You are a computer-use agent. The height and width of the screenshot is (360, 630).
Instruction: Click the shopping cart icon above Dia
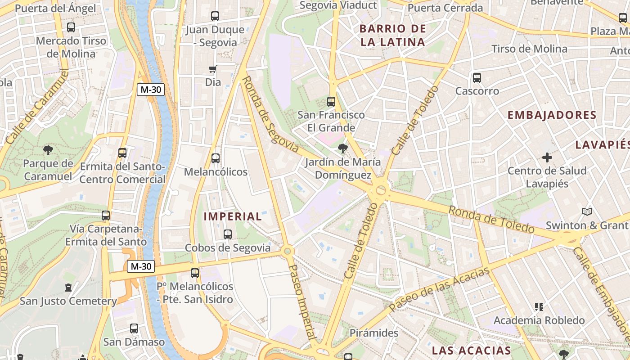pos(213,69)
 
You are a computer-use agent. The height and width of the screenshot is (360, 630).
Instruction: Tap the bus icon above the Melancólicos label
pos(216,158)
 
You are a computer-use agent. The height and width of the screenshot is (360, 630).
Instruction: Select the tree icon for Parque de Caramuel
pos(48,150)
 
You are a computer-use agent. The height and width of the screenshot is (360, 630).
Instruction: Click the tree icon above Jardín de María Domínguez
pos(343,148)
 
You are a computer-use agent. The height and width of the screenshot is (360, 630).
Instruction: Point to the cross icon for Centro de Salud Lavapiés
pos(547,157)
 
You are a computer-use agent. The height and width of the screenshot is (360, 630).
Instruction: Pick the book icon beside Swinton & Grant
pos(587,211)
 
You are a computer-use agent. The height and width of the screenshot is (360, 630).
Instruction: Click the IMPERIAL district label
pos(233,216)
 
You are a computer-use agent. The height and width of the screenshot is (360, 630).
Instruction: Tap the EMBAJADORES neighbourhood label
pos(552,115)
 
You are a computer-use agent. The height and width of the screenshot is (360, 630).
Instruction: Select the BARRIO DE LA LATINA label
pos(393,36)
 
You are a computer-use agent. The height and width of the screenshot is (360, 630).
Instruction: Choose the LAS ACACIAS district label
pos(472,351)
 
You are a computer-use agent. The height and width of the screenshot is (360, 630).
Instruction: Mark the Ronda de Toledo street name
pos(491,219)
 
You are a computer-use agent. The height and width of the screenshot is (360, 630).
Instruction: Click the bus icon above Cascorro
pos(477,78)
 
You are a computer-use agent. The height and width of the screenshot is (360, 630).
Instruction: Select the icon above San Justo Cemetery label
pos(68,287)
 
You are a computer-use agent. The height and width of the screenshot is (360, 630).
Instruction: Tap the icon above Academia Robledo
pos(539,307)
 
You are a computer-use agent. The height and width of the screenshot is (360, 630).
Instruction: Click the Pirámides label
pos(374,333)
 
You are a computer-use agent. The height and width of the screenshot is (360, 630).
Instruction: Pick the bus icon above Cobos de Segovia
pos(228,234)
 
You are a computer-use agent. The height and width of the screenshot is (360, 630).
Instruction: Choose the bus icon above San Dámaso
pos(134,328)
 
